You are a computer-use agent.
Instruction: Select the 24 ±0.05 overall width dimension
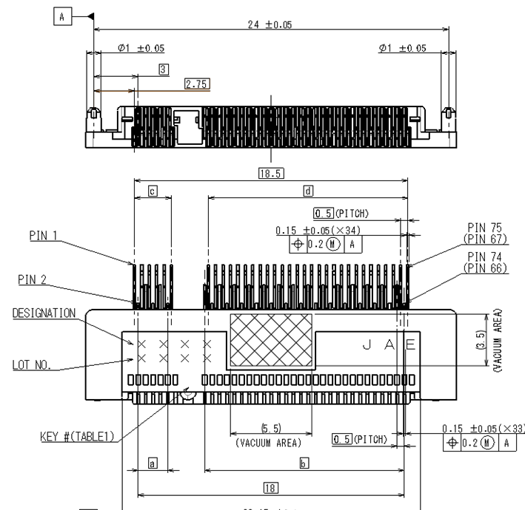click(269, 24)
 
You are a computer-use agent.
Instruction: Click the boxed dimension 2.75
click(196, 84)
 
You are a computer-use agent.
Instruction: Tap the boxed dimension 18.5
click(271, 173)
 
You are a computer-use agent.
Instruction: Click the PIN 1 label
click(44, 236)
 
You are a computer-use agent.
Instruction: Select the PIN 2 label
click(33, 279)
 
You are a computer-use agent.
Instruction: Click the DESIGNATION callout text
click(44, 313)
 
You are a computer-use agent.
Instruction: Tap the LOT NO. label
click(32, 365)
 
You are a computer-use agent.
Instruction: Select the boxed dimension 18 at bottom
click(271, 486)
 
